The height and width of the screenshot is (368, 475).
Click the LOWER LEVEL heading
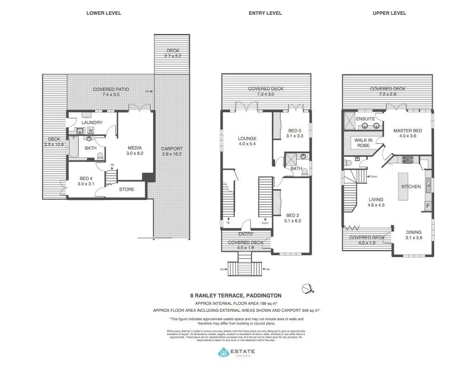tap(104, 13)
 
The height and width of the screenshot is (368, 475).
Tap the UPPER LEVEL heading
tap(389, 13)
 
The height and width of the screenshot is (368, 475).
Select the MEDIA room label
tap(135, 148)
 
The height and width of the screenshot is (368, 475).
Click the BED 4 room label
tap(86, 179)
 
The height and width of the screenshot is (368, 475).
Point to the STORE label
tap(127, 189)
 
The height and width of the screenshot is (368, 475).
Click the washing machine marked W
tap(90, 130)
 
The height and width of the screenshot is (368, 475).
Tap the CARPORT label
tap(171, 149)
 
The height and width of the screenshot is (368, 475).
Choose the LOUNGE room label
tap(247, 138)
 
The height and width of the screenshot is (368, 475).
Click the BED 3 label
tap(295, 130)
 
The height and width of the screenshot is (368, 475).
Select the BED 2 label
tap(293, 215)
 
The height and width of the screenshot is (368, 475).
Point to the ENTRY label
tap(245, 234)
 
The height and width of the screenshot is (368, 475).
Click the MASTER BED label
tap(407, 131)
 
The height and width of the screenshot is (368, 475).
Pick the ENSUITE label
tap(365, 119)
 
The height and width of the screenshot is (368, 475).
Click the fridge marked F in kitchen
tap(428, 206)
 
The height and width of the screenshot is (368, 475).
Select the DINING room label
tap(414, 232)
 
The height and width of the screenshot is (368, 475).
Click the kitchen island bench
tap(403, 186)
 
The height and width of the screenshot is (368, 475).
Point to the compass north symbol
tap(307, 289)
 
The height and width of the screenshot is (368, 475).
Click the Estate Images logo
tap(236, 353)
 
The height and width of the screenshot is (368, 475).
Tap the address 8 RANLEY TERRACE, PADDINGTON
tap(236, 295)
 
